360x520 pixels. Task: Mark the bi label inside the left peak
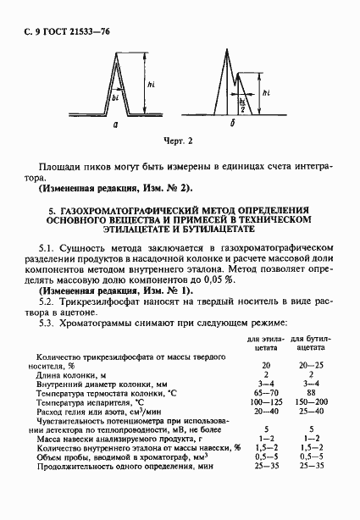tap(115, 97)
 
